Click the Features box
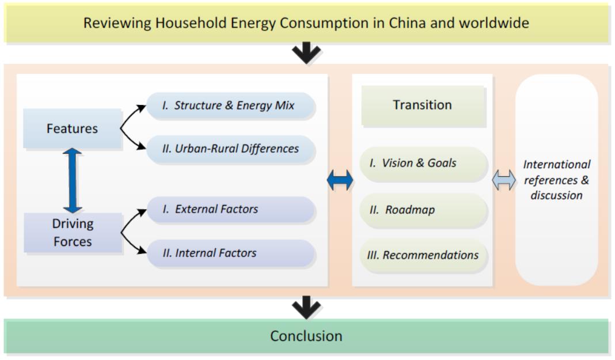click(72, 128)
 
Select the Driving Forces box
click(73, 233)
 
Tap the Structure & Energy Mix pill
click(230, 105)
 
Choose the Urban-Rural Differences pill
click(230, 149)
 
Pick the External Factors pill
click(231, 210)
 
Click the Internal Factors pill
click(231, 253)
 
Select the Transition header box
click(423, 105)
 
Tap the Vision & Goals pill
click(424, 163)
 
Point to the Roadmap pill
click(424, 210)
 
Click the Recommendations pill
click(424, 255)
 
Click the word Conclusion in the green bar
click(306, 336)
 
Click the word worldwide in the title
click(494, 22)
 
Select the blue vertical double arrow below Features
click(73, 180)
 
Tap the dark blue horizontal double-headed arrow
click(340, 180)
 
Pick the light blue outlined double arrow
click(504, 180)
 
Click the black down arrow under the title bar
click(306, 52)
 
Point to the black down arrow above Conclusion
click(306, 308)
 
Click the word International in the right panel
click(557, 164)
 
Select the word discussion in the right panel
click(557, 195)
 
